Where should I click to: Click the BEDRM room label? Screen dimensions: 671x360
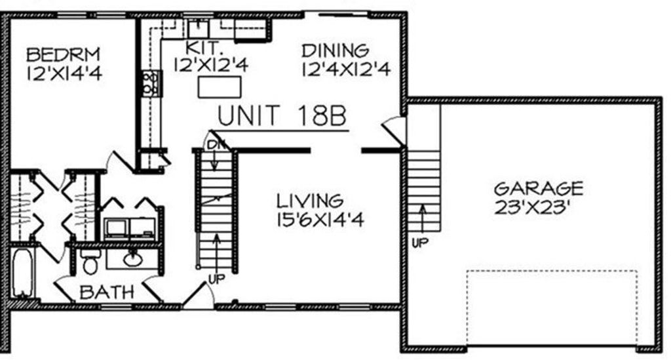(x=63, y=55)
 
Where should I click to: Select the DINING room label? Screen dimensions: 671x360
(x=335, y=50)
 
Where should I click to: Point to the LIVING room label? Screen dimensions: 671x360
(x=309, y=201)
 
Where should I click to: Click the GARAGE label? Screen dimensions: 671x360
(x=539, y=188)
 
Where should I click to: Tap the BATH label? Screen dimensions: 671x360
(x=107, y=292)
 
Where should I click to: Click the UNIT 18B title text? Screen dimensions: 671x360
(x=282, y=115)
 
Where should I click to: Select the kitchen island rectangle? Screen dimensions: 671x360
(x=220, y=87)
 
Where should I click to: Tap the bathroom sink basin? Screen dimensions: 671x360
(x=132, y=259)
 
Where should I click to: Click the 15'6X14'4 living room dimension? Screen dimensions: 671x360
(x=320, y=220)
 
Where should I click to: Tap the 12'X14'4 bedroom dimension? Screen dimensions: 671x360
(x=64, y=73)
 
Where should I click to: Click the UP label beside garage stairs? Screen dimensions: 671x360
(x=420, y=243)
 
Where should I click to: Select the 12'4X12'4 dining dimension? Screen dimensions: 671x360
(x=346, y=70)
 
